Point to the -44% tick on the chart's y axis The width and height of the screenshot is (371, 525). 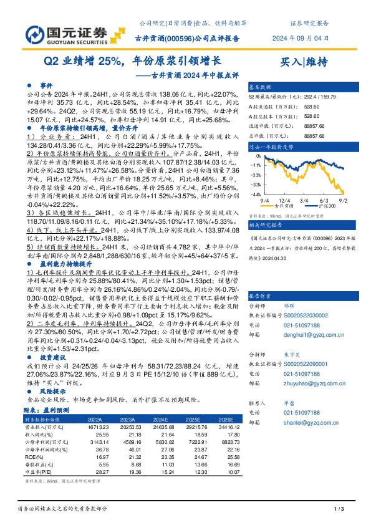click(x=256, y=195)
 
